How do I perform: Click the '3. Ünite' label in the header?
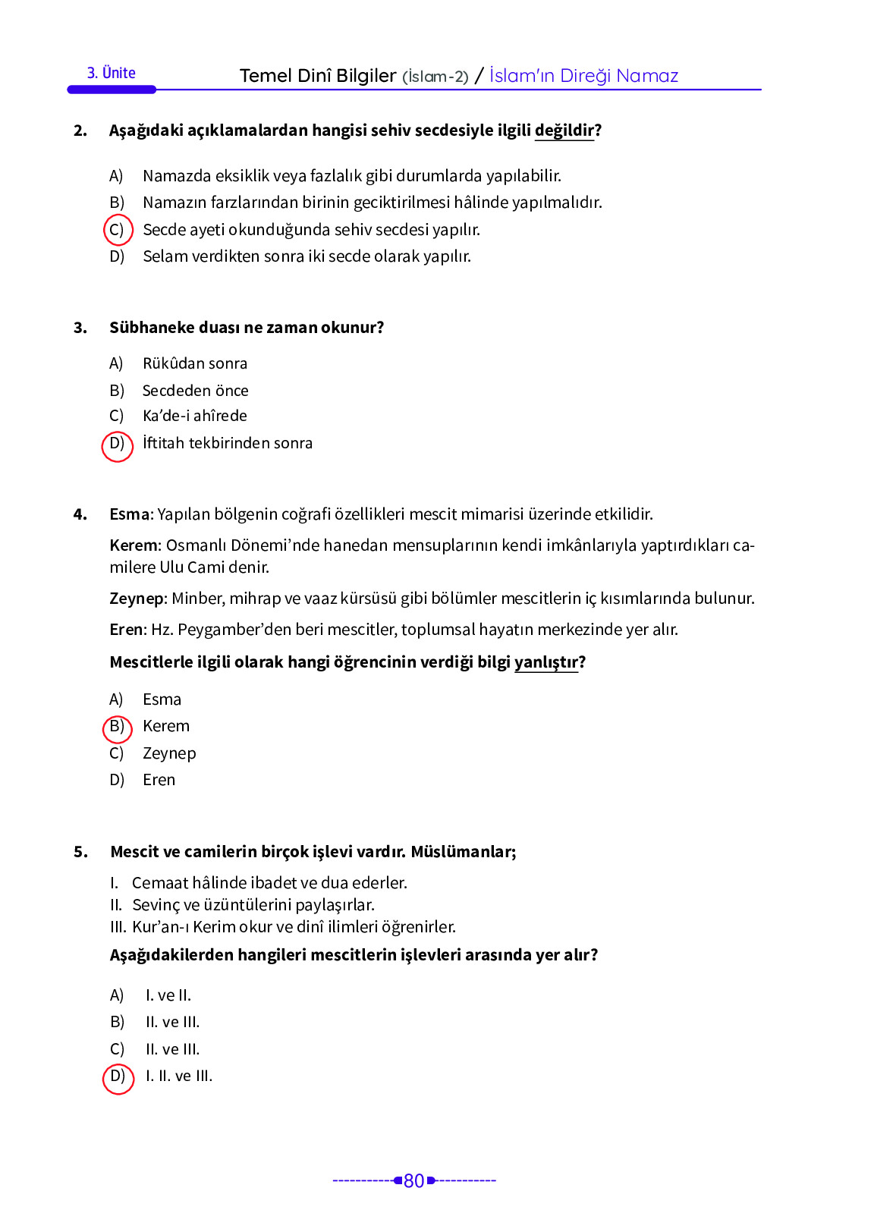pos(111,73)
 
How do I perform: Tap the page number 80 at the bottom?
pos(413,1180)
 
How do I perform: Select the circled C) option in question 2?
pos(117,230)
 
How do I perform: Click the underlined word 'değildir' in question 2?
pos(564,130)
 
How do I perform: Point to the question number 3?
pos(80,328)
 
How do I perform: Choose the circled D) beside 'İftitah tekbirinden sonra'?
pos(117,445)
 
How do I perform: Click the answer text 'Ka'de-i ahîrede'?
pos(194,416)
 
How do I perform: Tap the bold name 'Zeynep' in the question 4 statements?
pos(137,599)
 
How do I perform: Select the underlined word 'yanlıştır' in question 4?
pos(545,662)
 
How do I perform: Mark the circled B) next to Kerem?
pos(117,728)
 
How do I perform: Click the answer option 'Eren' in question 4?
pos(159,780)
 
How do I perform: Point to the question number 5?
pos(80,852)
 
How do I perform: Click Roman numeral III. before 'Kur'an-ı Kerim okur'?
pos(118,927)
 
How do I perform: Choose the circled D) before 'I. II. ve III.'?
pos(118,1077)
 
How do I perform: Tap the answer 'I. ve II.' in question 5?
pos(168,995)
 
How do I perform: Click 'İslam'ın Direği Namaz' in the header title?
pos(583,76)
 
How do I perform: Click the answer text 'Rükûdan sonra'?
pos(194,363)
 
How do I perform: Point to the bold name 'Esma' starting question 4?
pos(129,514)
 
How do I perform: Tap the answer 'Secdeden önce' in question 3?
pos(195,391)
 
